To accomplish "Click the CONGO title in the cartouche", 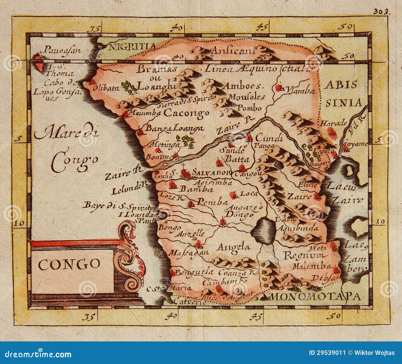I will coord(69,264).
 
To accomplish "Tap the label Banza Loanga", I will coord(174,128).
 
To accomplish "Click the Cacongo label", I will coord(186,113).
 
